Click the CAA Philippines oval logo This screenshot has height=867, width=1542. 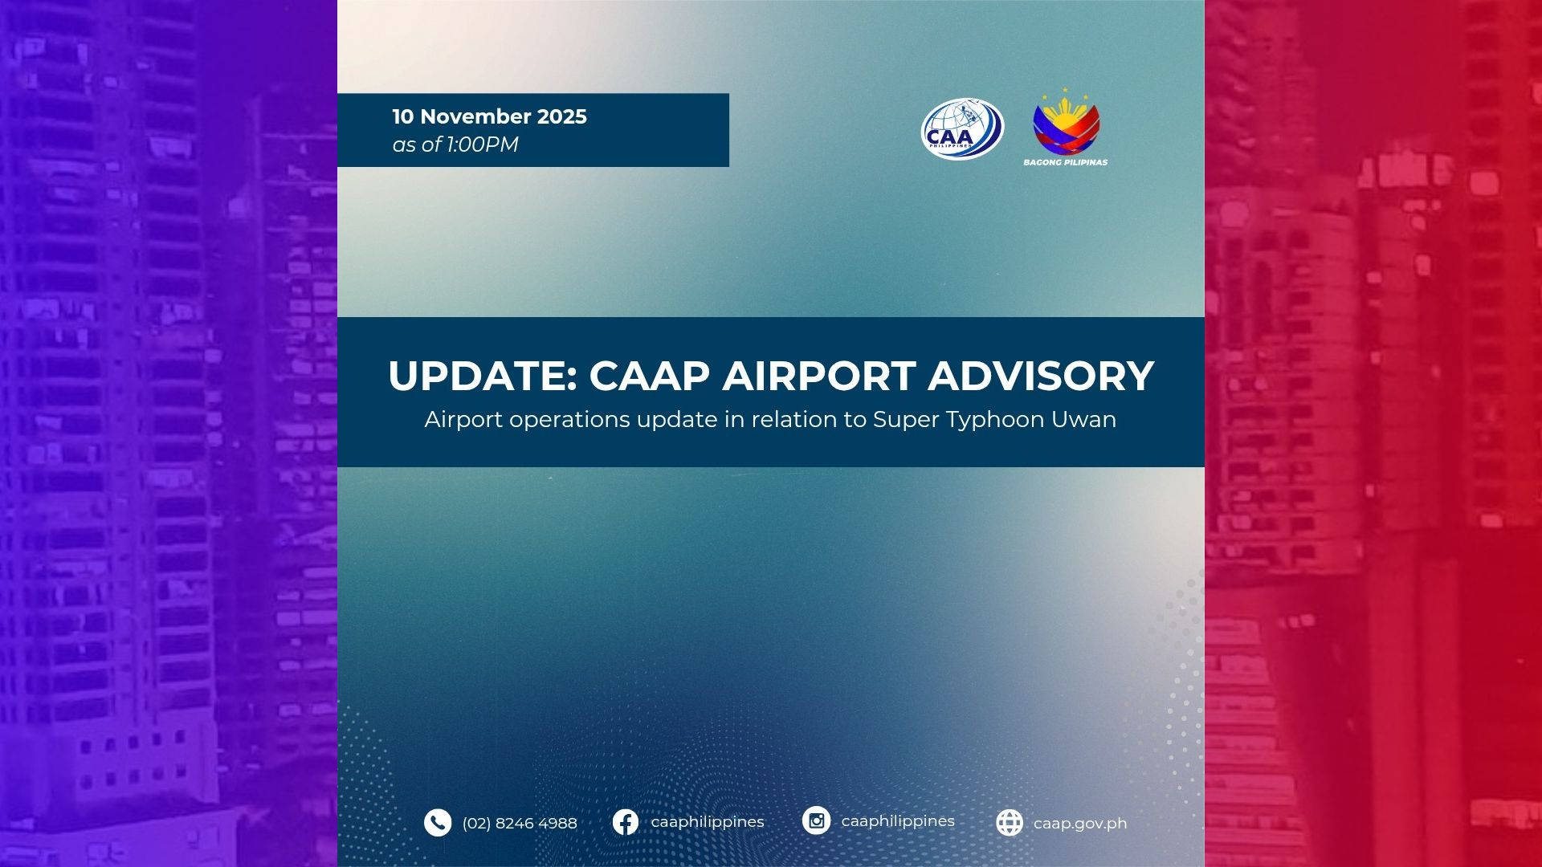point(962,128)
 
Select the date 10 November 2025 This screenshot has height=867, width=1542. point(489,116)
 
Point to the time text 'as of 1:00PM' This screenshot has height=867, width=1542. point(455,144)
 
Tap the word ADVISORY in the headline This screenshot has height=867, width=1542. point(1041,376)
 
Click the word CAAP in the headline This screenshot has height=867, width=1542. point(650,376)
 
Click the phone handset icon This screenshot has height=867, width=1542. point(438,823)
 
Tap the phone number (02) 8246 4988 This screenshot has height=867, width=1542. point(520,824)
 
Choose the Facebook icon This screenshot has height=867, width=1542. point(626,822)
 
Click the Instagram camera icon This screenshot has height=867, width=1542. point(816,820)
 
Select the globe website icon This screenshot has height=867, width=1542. point(1010,823)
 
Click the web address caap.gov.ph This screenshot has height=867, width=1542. point(1080,824)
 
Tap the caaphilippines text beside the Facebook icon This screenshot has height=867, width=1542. point(708,822)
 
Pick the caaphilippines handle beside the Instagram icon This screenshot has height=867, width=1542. point(898,821)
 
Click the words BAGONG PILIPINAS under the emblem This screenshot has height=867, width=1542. point(1065,162)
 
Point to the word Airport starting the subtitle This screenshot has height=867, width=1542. point(463,420)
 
